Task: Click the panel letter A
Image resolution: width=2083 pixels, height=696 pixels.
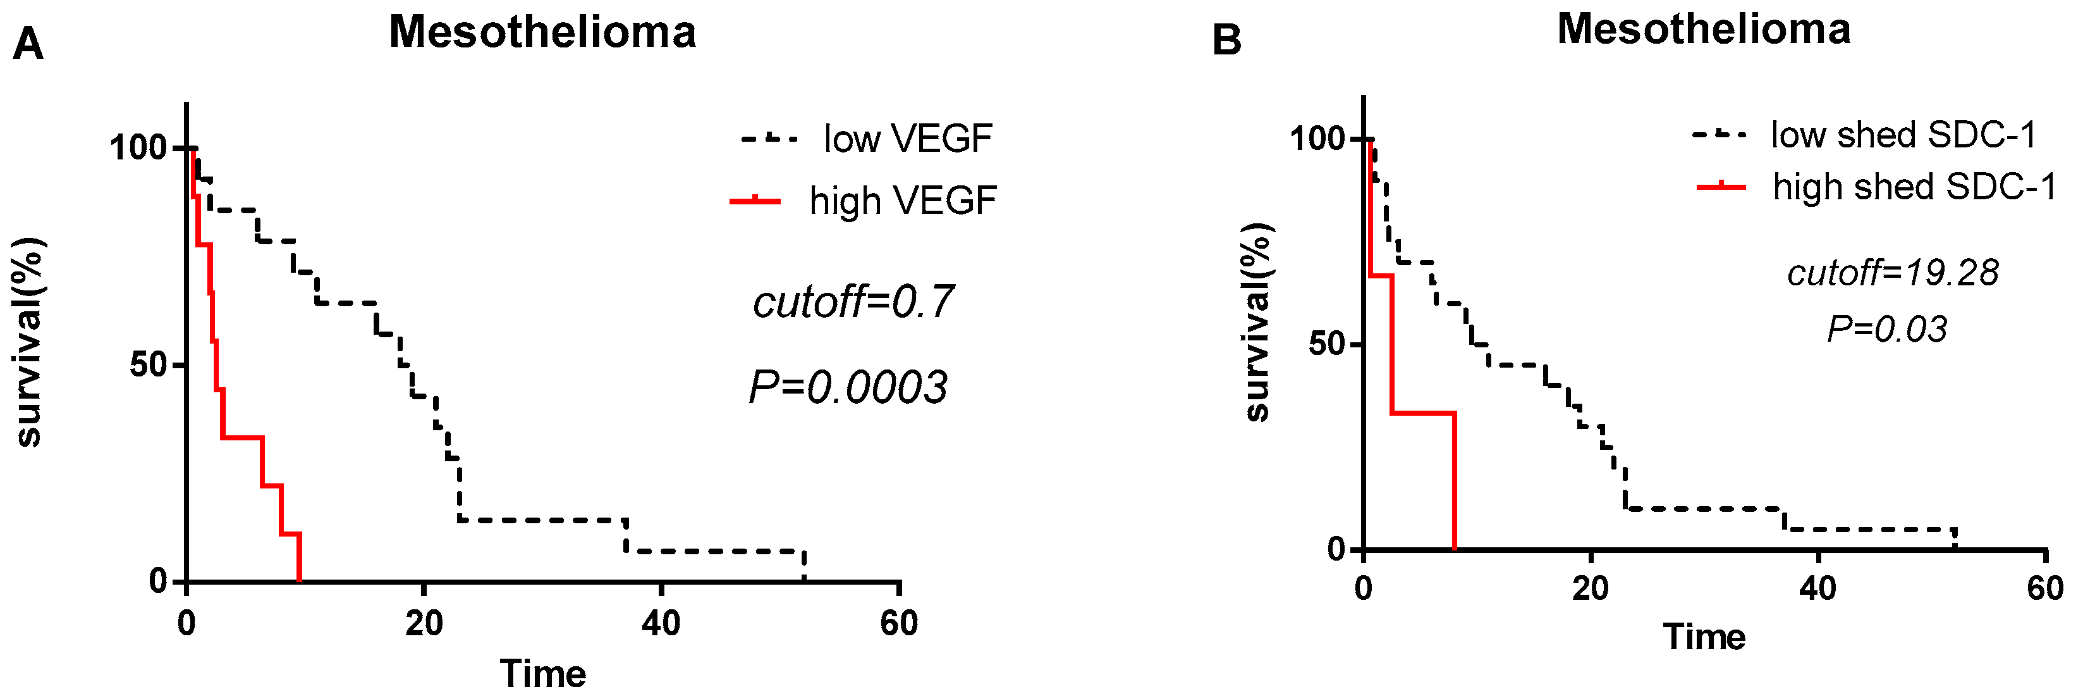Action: (x=28, y=44)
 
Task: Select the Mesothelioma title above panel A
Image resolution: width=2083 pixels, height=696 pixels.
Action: (x=542, y=32)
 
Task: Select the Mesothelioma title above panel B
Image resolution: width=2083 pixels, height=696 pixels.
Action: (x=1704, y=29)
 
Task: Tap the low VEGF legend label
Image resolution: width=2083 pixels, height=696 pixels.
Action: (x=907, y=139)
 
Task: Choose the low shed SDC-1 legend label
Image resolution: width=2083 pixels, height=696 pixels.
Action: (x=1903, y=134)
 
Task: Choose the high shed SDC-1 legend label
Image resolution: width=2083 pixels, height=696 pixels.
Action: (x=1914, y=187)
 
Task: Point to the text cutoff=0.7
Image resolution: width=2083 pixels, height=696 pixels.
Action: (x=853, y=302)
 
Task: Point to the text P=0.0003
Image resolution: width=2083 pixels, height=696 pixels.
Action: (x=848, y=387)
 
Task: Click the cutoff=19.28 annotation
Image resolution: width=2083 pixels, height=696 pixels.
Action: (x=1892, y=273)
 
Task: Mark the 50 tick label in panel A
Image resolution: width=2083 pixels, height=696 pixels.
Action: (x=147, y=365)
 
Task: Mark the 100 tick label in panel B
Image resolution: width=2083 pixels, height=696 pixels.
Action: (x=1316, y=139)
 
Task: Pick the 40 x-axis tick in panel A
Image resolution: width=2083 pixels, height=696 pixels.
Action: (x=661, y=623)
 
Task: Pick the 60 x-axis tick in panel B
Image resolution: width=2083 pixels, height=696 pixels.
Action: (x=2045, y=588)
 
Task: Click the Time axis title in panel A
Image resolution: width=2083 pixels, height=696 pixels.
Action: (x=542, y=673)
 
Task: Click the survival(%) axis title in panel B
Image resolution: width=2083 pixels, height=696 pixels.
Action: (x=1257, y=322)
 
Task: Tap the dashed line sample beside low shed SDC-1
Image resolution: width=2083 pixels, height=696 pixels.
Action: (x=1719, y=134)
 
